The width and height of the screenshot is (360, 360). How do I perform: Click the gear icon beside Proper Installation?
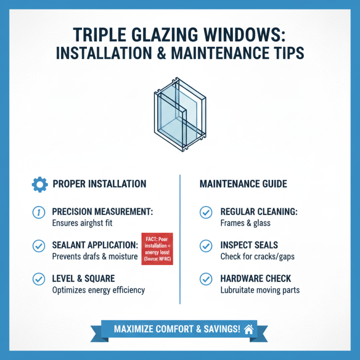tap(39, 184)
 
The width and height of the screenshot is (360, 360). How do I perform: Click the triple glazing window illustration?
tap(180, 115)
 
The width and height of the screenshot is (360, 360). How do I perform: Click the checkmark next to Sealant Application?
tap(39, 246)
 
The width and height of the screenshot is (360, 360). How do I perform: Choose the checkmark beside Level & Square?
tap(39, 279)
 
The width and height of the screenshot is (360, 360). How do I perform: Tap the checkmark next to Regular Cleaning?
tap(206, 212)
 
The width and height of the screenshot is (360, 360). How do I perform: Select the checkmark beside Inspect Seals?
tap(206, 246)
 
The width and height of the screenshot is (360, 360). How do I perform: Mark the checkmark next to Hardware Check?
tap(206, 279)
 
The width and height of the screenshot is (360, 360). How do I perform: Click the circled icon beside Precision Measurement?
tap(39, 212)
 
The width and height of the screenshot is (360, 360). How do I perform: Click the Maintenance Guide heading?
tap(243, 184)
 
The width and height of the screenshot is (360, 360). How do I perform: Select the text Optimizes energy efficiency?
tap(99, 290)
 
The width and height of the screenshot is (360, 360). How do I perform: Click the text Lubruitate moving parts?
tap(260, 290)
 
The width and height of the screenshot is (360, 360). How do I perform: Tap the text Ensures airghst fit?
tap(87, 223)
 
